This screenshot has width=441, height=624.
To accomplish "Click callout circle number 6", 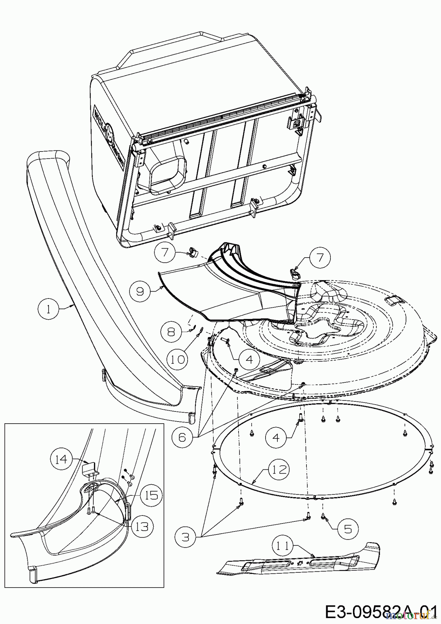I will (182, 437).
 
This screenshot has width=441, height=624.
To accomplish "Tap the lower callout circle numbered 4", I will (276, 437).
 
